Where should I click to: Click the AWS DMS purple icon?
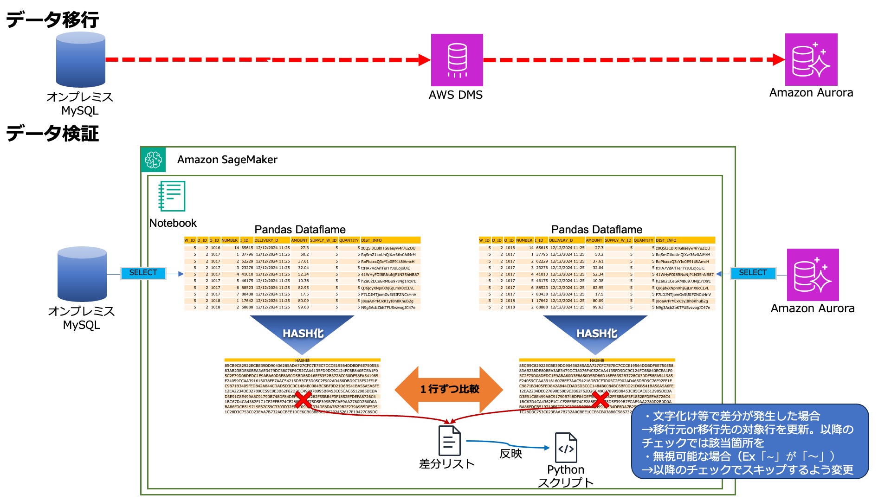pos(457,60)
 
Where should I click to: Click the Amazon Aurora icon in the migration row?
pos(811,59)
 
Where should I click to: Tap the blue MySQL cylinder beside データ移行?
pos(81,60)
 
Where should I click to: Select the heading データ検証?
pos(52,134)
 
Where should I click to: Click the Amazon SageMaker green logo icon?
pos(153,160)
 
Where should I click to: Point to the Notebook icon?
pos(172,196)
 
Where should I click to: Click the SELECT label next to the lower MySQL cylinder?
pos(143,273)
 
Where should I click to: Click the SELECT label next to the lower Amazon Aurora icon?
pos(753,273)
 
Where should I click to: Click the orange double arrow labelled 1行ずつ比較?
pos(449,389)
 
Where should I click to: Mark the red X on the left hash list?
pos(303,399)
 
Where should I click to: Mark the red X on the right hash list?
pos(600,399)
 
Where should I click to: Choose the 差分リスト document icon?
pos(449,441)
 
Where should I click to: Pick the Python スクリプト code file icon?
pos(566,448)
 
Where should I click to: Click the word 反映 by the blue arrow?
pos(510,454)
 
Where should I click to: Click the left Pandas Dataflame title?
pos(300,230)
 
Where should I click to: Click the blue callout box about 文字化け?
pos(749,442)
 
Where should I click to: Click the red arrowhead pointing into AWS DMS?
pos(424,60)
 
